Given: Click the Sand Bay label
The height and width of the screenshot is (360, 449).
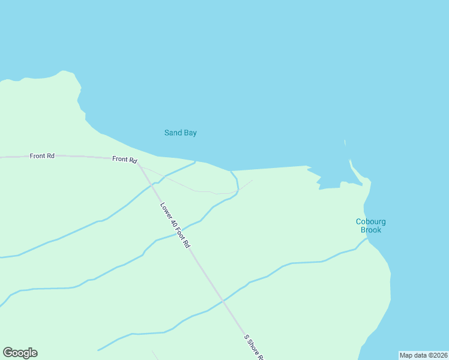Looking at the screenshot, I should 181,133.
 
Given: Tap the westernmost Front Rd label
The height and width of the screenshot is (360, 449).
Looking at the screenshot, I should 42,156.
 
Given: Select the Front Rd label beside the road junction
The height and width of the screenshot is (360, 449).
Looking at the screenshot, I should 124,159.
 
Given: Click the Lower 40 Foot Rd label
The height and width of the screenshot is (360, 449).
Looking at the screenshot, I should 175,226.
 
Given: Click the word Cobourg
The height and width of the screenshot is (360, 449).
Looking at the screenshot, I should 370,221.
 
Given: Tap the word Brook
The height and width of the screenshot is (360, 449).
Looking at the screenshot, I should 370,230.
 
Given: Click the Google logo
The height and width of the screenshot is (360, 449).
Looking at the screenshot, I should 20,353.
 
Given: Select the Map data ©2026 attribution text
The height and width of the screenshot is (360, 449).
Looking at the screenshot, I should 423,355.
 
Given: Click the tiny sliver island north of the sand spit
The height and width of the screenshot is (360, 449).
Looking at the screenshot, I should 345,143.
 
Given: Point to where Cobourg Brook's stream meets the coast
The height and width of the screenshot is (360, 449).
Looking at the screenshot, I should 367,239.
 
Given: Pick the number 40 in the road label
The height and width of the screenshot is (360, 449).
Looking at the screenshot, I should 173,224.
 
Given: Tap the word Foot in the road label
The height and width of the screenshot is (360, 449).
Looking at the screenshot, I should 181,235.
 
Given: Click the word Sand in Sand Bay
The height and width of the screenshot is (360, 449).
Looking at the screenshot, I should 173,133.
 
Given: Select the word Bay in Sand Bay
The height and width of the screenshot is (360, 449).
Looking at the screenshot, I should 190,133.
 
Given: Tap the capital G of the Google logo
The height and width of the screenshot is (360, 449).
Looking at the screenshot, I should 8,353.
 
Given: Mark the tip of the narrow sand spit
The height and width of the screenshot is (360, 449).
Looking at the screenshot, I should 351,161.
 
